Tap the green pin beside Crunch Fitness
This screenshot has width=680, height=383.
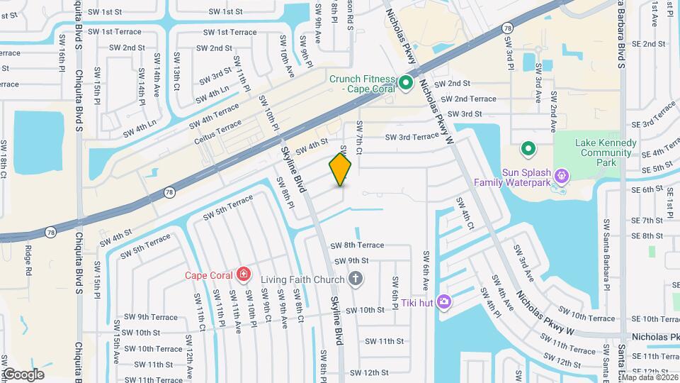click(x=406, y=84)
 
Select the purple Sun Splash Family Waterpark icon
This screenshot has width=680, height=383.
click(x=562, y=174)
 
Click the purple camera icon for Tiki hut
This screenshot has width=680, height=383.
click(x=443, y=302)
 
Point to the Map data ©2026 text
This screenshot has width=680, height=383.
click(x=648, y=377)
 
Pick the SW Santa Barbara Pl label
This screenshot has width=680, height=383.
click(x=607, y=255)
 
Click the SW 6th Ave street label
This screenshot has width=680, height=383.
click(x=426, y=270)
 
